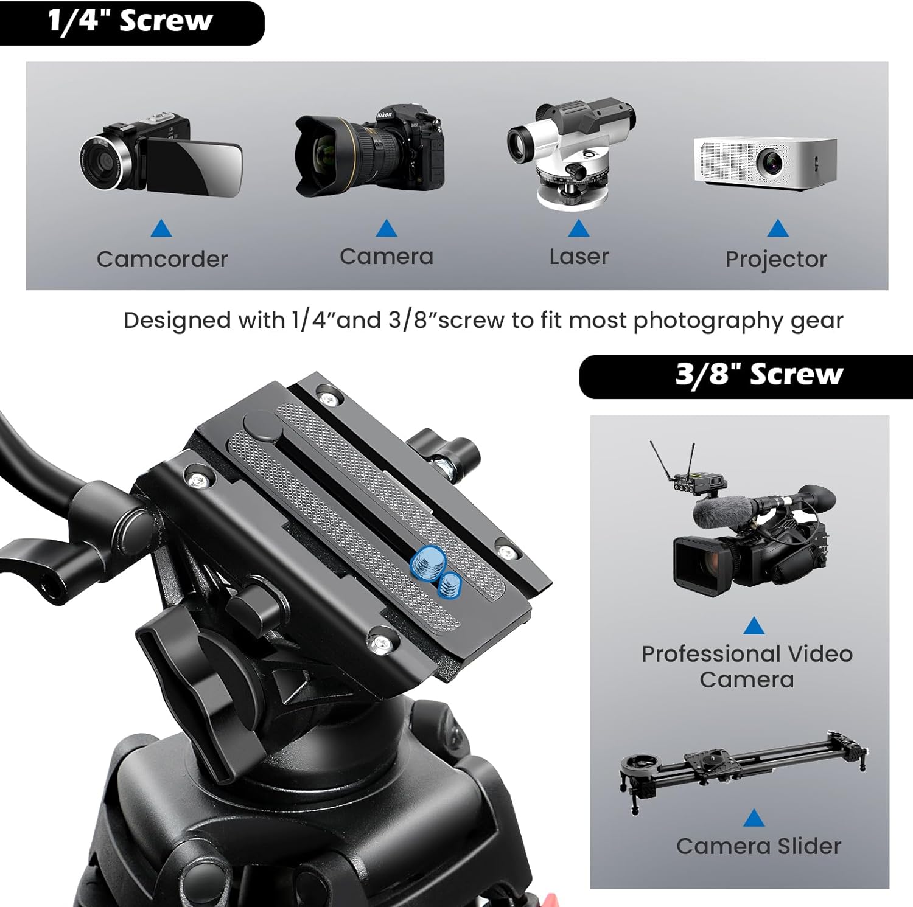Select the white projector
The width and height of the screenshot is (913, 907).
coord(766,162)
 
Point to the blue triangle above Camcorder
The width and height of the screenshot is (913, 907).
coord(161,229)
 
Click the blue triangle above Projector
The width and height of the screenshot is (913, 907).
coord(777,229)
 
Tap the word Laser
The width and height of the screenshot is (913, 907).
coord(579,257)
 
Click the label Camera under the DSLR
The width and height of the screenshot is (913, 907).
coord(387,257)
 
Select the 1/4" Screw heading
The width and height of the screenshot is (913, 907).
coord(130,22)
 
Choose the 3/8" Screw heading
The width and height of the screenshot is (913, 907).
coord(759,375)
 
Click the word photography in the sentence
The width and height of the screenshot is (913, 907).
coord(708,321)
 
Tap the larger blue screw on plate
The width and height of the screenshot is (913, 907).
coord(427,561)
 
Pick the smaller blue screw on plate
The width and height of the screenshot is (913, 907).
coord(450,585)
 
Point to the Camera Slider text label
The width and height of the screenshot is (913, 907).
coord(758,846)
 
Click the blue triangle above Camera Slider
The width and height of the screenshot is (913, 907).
coord(754,818)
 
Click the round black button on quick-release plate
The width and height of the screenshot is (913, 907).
coord(262,427)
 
